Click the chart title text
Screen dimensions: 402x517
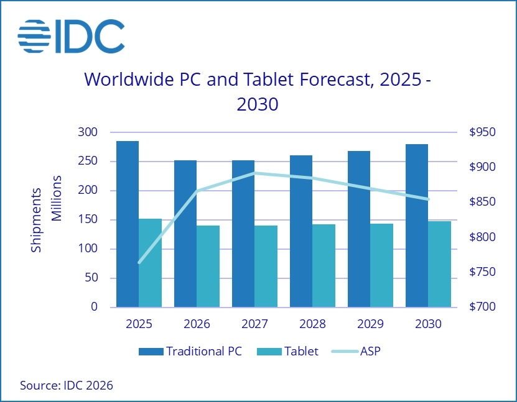pyautogui.click(x=256, y=91)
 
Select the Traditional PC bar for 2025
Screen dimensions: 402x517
pyautogui.click(x=128, y=224)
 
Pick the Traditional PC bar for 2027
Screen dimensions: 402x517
pyautogui.click(x=243, y=233)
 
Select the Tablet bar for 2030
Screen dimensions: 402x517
pyautogui.click(x=439, y=264)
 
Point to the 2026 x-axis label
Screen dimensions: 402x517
pyautogui.click(x=197, y=324)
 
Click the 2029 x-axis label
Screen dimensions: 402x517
pyautogui.click(x=370, y=324)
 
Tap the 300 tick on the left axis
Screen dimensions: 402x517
pyautogui.click(x=88, y=132)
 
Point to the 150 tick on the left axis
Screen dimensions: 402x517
pyautogui.click(x=88, y=220)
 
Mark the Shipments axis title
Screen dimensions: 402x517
pyautogui.click(x=36, y=219)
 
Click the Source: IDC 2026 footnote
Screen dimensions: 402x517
pyautogui.click(x=67, y=385)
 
